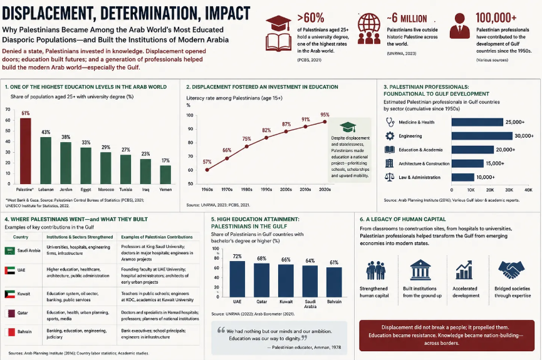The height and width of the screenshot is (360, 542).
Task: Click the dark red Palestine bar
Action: [25, 151]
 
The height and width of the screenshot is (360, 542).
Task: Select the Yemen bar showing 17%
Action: [165, 175]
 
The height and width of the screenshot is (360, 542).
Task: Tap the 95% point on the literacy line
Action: [325, 121]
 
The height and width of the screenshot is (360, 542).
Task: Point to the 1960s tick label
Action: [207, 189]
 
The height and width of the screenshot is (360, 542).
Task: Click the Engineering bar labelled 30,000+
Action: [482, 136]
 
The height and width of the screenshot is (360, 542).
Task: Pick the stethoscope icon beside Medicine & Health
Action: [390, 122]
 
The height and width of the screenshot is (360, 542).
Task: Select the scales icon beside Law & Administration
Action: [390, 177]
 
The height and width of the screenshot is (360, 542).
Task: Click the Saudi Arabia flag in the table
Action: [9, 251]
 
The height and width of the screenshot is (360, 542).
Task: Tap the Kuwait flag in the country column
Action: [9, 294]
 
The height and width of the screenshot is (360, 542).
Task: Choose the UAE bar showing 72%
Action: [237, 279]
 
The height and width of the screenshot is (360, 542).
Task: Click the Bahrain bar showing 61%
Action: [334, 282]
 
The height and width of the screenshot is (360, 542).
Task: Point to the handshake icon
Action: [511, 269]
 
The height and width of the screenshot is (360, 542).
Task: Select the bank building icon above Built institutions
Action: [420, 270]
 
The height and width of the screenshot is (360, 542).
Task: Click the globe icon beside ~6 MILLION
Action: [369, 28]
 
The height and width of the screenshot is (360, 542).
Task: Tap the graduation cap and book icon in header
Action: [278, 33]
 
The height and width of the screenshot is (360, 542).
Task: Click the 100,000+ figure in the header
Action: [496, 18]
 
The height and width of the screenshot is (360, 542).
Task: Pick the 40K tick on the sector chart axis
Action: [528, 190]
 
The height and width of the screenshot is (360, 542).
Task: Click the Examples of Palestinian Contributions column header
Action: [157, 237]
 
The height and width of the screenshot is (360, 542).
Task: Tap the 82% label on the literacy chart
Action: [266, 130]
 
